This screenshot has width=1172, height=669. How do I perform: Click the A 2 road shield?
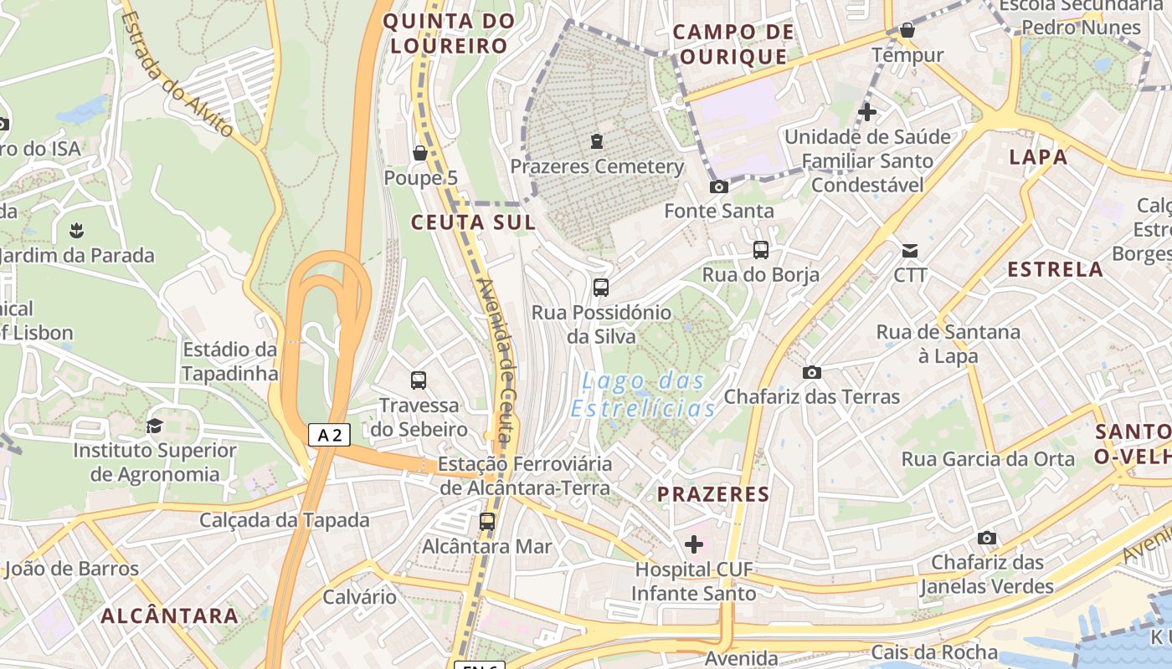[329, 435]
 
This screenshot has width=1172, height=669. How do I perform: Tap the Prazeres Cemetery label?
[597, 166]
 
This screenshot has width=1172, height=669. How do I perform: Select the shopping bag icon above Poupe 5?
[420, 153]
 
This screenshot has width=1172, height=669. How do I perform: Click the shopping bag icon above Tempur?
[907, 31]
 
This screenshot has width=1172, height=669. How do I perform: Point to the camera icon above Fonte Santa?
[718, 186]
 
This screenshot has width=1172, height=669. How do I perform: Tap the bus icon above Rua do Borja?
[760, 249]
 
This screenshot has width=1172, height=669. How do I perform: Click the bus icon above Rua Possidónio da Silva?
[600, 288]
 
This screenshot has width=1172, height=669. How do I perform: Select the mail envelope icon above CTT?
[910, 250]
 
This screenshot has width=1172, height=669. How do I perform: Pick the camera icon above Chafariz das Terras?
[811, 372]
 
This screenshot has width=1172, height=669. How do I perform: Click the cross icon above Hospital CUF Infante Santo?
[694, 544]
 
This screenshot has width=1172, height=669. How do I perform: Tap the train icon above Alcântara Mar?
[486, 522]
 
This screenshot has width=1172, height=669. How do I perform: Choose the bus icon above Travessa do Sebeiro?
[419, 380]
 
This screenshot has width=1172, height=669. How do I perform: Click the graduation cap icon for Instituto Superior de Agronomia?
[154, 426]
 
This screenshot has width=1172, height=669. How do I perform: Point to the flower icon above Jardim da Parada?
[77, 230]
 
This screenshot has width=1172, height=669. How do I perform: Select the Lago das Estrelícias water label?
[643, 395]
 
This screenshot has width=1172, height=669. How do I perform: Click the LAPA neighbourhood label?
[1038, 157]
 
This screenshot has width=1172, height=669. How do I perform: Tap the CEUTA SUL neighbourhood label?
[473, 222]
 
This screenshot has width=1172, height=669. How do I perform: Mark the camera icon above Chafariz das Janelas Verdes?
[987, 538]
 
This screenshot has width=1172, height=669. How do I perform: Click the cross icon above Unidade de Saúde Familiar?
[867, 111]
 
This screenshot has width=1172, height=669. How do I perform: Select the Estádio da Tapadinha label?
[229, 361]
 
